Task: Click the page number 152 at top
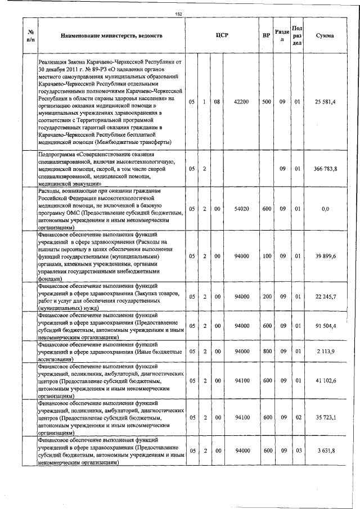pos(179,15)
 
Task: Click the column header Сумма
pos(325,36)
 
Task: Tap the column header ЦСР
pos(221,36)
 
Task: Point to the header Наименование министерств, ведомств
pos(111,36)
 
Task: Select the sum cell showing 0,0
pos(325,209)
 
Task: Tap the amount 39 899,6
pos(325,256)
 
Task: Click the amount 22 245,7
pos(325,296)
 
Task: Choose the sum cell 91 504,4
pos(325,326)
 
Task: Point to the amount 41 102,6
pos(325,381)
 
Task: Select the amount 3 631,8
pos(325,452)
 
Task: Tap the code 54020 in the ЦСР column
pos(241,209)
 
